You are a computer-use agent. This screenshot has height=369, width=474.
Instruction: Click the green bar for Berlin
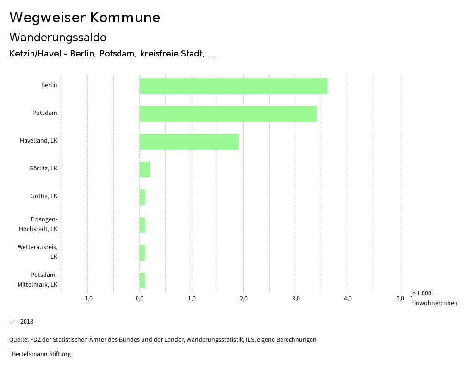233,86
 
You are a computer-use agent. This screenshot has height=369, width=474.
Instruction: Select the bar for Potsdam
228,114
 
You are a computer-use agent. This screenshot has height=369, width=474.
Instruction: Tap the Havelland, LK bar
189,142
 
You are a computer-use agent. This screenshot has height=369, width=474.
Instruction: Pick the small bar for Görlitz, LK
144,169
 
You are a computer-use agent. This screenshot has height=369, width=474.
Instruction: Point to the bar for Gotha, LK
142,197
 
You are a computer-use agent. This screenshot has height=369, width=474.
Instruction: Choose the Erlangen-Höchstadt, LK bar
142,225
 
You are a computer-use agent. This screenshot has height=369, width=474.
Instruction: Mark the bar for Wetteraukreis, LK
142,253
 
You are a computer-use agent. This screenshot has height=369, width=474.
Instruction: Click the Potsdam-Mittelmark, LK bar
142,281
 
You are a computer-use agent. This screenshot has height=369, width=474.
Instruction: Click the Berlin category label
49,85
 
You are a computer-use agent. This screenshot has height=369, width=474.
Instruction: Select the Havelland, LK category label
38,140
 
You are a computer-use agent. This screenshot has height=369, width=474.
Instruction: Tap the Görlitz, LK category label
43,168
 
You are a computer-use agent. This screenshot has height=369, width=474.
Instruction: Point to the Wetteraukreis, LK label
37,251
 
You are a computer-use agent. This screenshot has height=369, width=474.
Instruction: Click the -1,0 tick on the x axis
87,298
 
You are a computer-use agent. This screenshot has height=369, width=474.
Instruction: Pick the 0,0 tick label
139,298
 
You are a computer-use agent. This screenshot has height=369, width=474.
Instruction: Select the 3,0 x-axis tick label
296,298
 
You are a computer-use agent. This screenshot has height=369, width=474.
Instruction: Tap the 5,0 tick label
400,298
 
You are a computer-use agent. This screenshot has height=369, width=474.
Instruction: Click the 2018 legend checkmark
12,321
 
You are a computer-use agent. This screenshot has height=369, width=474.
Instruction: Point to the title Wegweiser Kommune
85,18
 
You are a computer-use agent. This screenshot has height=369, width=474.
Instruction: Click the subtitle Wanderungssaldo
58,37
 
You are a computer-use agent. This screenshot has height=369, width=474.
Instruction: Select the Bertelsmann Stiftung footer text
41,354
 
